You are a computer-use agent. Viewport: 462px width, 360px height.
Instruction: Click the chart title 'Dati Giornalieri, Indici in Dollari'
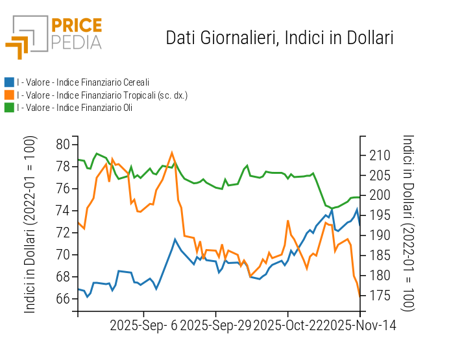[280, 38]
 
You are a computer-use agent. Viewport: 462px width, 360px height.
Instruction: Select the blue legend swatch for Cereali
[9, 82]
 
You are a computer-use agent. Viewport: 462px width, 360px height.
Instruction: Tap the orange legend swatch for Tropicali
[9, 95]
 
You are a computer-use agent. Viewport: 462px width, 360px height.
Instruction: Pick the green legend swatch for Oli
[9, 108]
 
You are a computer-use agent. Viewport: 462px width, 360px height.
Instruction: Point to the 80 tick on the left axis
[63, 145]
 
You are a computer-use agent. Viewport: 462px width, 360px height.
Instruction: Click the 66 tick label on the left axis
[63, 299]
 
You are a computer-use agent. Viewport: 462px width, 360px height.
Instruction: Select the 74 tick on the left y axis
[63, 211]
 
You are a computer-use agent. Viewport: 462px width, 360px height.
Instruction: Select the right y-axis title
[408, 223]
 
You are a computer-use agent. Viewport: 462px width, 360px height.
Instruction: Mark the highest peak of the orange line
[172, 153]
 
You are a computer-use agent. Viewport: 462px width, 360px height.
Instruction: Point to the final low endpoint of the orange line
[359, 296]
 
